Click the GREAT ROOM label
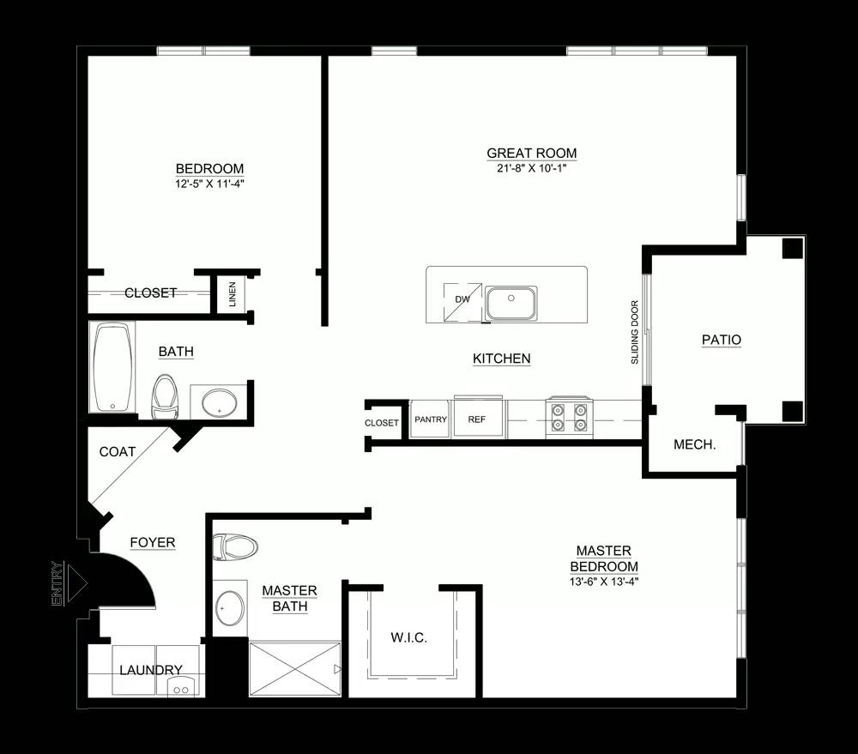531,154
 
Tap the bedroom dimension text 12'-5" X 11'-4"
209,184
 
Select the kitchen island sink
511,303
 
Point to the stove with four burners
569,418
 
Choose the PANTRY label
431,419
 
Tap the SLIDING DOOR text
635,332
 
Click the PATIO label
722,340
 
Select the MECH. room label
694,445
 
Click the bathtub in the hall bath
113,366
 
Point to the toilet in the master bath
235,546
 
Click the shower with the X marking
295,668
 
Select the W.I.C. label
408,637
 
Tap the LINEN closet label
233,294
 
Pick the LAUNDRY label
150,670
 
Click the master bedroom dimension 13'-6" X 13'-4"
604,582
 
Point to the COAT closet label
117,452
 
